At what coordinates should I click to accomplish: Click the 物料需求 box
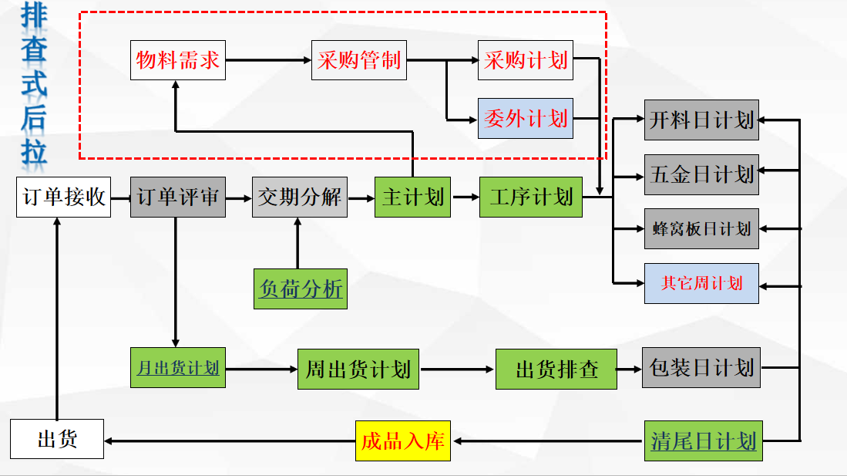coord(177,60)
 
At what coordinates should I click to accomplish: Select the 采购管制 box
coord(358,60)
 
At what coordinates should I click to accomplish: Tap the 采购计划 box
coord(526,60)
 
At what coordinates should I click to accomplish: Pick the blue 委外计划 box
coord(526,118)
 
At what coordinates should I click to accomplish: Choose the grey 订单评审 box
coord(177,197)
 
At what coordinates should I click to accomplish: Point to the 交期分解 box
coord(299,197)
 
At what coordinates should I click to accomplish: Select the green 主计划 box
coord(413,197)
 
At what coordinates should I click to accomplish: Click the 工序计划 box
coord(531,197)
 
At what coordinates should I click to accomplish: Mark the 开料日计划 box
coord(701,120)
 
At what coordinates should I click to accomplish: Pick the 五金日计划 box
coord(701,174)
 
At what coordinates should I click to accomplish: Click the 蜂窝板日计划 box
coord(701,228)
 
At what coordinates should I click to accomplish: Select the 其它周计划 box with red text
coord(701,283)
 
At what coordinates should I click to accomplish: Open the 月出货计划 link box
coord(178,368)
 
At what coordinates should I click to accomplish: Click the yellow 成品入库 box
coord(403,441)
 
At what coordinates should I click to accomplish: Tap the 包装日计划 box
coord(701,367)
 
